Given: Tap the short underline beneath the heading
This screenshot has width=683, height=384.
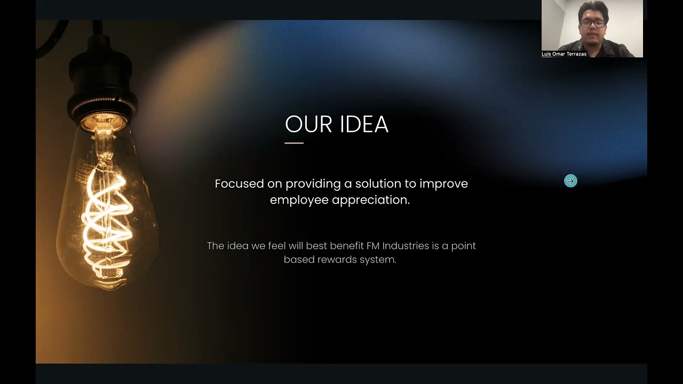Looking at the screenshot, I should [294, 143].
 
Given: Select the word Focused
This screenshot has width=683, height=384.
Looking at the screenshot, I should [240, 183].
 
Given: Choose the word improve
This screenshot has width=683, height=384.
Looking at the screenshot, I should [443, 184].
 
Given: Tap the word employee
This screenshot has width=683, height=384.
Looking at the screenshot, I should [299, 200].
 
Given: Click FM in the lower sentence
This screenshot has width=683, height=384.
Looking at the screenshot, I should [372, 246].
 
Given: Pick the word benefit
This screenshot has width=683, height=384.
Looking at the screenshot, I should [347, 246].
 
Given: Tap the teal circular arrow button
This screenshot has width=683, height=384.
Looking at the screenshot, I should [570, 181].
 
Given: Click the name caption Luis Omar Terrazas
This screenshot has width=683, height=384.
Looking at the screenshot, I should [564, 54].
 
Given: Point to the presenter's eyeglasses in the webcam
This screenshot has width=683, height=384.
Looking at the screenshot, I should [593, 23].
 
